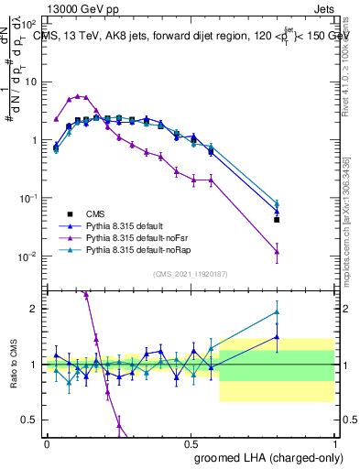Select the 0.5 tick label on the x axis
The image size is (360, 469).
pos(191,443)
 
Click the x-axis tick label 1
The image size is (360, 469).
pos(333,443)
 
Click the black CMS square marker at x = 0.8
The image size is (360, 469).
pos(277,220)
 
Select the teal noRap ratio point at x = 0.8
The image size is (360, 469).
pos(277,312)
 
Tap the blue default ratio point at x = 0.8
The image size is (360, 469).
pos(277,337)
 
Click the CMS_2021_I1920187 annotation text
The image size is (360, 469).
pos(191,274)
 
